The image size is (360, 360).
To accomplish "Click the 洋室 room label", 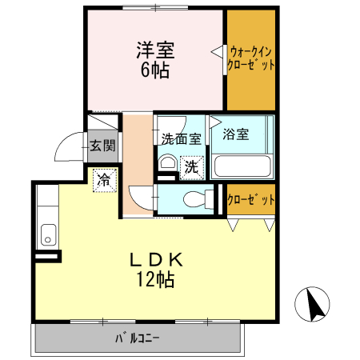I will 154,49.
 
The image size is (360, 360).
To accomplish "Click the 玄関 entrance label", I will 102,146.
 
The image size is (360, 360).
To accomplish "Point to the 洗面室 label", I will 182,138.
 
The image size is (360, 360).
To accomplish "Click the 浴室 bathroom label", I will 236,134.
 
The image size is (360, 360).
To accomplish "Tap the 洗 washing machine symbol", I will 192,167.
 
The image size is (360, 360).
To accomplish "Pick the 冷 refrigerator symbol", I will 103,180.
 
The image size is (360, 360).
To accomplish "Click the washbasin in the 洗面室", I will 167,164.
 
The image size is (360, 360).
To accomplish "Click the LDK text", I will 158,260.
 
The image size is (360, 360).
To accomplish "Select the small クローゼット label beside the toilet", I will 251,198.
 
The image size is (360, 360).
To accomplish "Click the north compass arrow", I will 314,303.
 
